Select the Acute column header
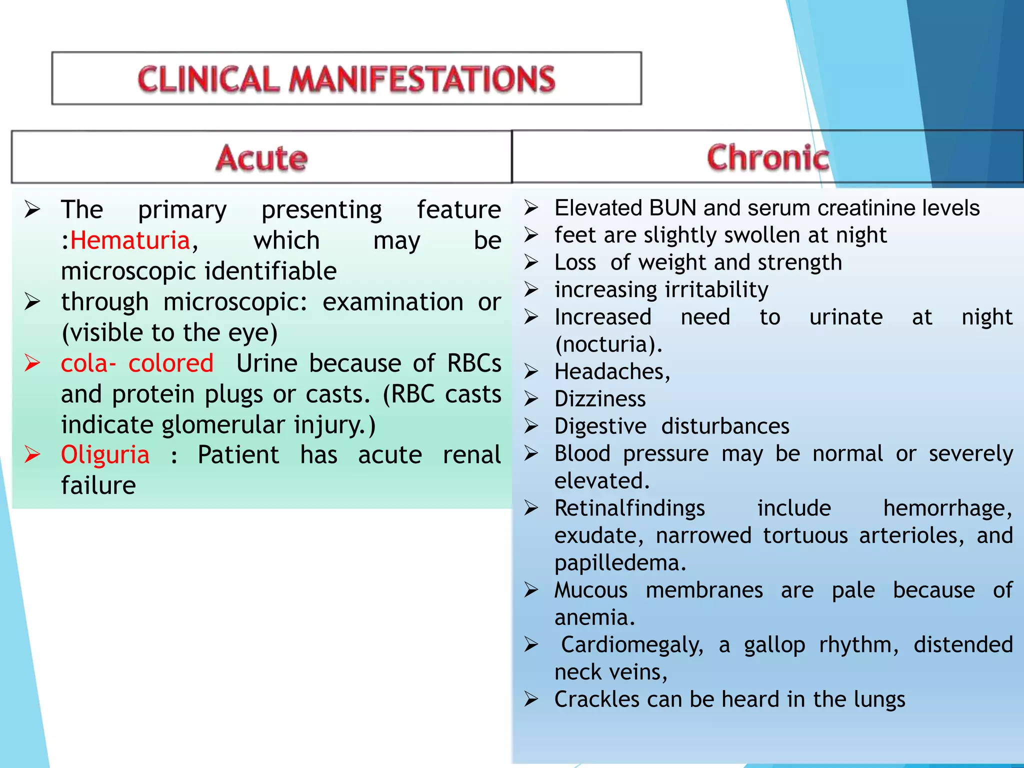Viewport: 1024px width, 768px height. pos(261,158)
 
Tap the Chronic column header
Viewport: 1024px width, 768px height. pos(768,157)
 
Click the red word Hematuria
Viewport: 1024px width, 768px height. pos(130,240)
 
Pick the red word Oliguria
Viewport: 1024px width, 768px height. pos(105,455)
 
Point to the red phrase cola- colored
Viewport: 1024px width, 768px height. pos(137,363)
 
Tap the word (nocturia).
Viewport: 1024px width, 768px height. pos(608,344)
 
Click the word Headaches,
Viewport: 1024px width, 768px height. pos(612,372)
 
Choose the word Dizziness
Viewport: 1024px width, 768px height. pos(600,399)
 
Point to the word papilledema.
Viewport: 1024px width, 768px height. pos(620,563)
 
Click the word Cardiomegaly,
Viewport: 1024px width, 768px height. pos(632,645)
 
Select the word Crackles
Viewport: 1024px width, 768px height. pos(597,699)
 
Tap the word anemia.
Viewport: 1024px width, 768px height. pos(594,618)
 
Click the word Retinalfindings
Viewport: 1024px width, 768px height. pos(629,508)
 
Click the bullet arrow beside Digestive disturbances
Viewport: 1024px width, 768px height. pos(531,426)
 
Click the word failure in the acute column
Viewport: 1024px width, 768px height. pos(98,485)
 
